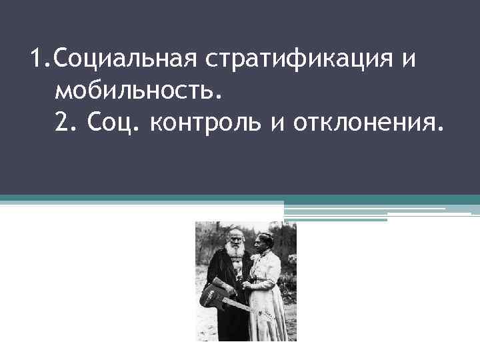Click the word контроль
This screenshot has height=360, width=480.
pyautogui.click(x=207, y=121)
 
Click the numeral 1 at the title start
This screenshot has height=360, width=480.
pyautogui.click(x=37, y=61)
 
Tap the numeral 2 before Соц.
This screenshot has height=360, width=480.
pyautogui.click(x=65, y=121)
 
